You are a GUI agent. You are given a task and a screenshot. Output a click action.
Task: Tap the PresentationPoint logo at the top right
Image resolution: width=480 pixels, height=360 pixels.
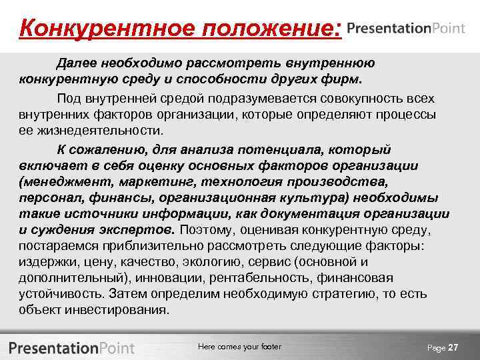pos(405,29)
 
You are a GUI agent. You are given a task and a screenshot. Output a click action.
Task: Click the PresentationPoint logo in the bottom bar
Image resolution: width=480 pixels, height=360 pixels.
pos(72,348)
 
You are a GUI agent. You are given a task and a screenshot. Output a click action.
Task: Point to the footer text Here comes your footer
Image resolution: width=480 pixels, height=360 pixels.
pos(239,347)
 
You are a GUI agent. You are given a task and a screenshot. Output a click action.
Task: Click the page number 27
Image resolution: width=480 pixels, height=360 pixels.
pos(453,348)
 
